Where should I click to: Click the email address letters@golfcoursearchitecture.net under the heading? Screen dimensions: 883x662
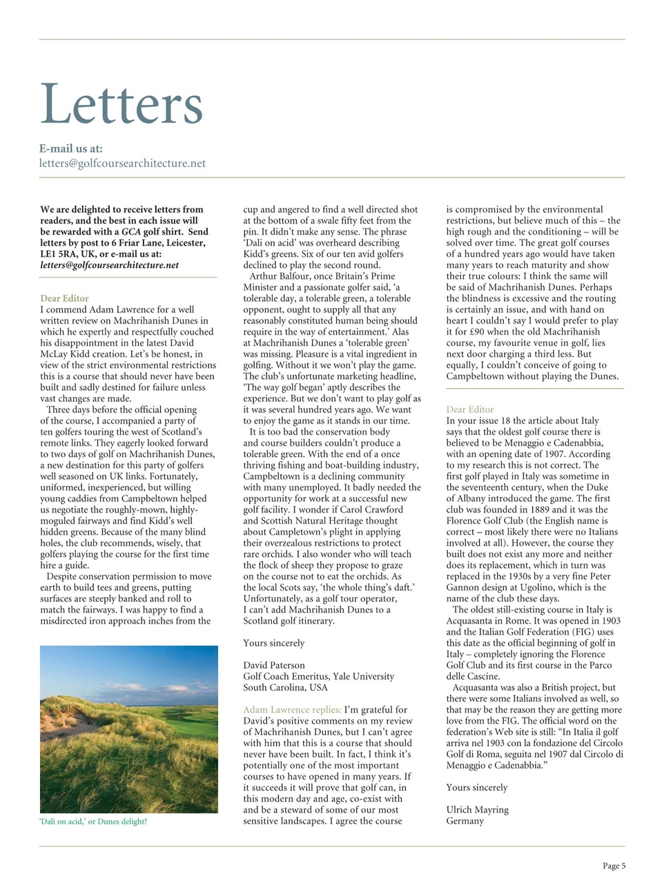(x=122, y=163)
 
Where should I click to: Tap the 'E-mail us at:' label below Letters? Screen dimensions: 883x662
(x=71, y=148)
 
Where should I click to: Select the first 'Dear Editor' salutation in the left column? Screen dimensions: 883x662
(x=64, y=299)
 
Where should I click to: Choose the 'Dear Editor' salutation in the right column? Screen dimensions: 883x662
(x=470, y=410)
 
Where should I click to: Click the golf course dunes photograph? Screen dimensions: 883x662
(x=129, y=729)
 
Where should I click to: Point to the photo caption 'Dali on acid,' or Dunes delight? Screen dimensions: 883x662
(x=94, y=822)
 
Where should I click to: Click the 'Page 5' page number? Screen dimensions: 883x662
(x=614, y=866)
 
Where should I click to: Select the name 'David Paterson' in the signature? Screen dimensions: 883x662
(x=274, y=666)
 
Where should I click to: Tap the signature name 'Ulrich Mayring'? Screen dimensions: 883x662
(x=477, y=810)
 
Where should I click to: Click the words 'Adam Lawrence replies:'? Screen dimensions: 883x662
(x=292, y=710)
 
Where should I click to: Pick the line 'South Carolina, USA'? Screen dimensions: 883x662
(x=285, y=688)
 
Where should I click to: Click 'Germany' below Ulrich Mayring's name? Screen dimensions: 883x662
(x=465, y=821)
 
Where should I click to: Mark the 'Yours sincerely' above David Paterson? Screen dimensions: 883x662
(x=273, y=643)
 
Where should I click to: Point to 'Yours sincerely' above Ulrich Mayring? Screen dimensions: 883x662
(x=476, y=787)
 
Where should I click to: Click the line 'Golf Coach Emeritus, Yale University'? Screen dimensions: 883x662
(x=318, y=677)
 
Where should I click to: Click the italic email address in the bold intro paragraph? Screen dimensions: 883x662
(x=109, y=265)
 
